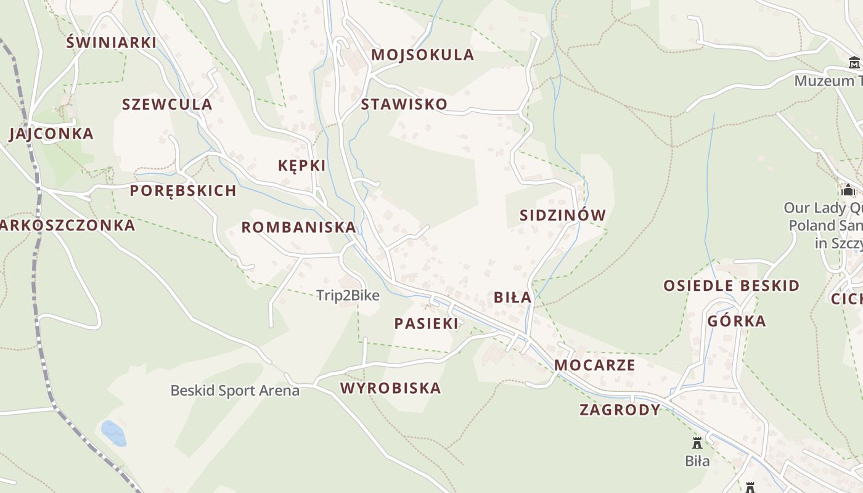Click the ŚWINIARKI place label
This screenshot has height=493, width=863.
click(111, 42)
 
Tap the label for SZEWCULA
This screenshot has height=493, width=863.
click(167, 104)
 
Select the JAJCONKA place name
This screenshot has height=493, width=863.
click(51, 134)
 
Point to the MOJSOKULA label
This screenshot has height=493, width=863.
click(423, 54)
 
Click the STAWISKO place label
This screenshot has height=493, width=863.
click(404, 104)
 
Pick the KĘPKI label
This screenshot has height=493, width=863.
click(301, 165)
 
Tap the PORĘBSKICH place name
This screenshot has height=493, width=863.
click(183, 190)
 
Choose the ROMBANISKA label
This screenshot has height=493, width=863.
click(298, 227)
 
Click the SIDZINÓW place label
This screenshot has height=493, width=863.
click(563, 215)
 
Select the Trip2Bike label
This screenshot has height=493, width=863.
click(348, 295)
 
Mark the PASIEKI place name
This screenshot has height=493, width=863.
click(427, 323)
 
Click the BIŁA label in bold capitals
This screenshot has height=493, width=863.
click(512, 297)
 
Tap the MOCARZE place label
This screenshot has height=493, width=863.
click(594, 365)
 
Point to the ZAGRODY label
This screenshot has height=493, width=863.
click(620, 409)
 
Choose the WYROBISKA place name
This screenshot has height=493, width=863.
click(391, 388)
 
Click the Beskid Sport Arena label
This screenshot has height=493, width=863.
click(235, 390)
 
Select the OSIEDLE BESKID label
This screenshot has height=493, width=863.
click(731, 285)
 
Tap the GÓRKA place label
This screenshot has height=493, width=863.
click(737, 320)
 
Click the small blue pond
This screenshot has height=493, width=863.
click(113, 433)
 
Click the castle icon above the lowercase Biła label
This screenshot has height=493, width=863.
click(697, 442)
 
